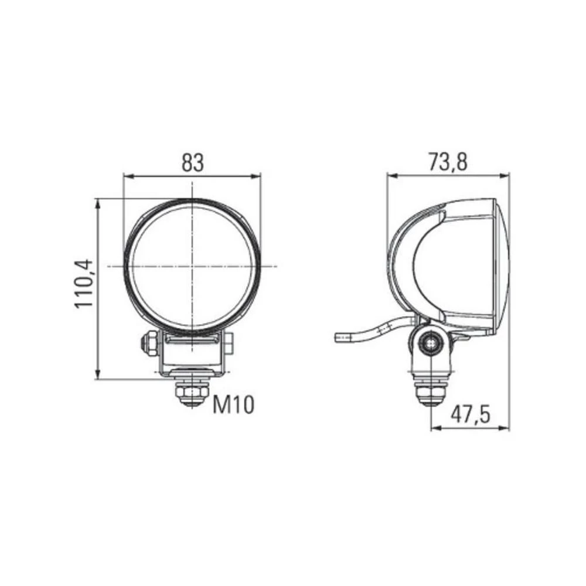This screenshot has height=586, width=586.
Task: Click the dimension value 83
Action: [x=192, y=163]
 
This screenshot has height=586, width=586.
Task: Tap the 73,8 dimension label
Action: [x=448, y=162]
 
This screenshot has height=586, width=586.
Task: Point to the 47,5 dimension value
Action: [x=470, y=415]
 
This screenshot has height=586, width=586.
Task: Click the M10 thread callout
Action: [x=233, y=404]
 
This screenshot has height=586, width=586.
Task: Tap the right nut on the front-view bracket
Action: [x=229, y=342]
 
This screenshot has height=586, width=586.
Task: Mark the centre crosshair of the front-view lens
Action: [x=192, y=266]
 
